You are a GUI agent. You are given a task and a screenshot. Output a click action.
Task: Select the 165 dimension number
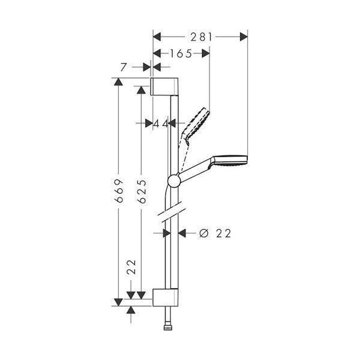180,53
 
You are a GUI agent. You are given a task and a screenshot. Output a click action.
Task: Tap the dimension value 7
124,68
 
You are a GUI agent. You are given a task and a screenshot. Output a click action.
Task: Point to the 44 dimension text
160,123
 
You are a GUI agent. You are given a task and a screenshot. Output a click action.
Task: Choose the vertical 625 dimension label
142,191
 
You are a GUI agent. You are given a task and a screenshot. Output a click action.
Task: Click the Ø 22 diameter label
215,233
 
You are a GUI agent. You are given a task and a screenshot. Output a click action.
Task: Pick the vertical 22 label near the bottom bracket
131,266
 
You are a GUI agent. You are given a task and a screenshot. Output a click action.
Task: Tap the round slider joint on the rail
173,181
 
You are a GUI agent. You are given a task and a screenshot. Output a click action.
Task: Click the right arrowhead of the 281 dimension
244,37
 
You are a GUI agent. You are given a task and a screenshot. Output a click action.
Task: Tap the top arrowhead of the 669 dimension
119,82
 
